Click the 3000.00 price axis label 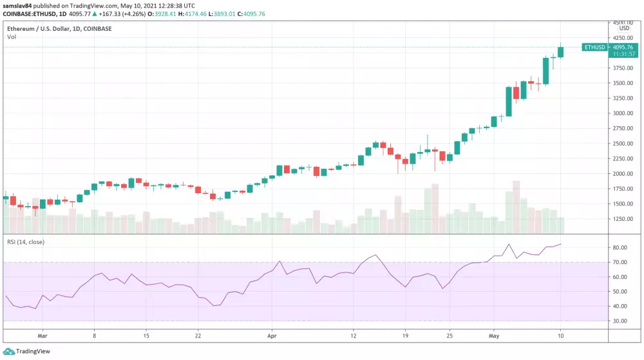click(623, 113)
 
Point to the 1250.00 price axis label click(623, 219)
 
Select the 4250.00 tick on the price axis click(623, 38)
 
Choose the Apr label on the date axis click(272, 336)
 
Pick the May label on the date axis click(494, 336)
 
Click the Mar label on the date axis click(43, 336)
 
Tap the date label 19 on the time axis click(404, 336)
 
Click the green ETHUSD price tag click(593, 47)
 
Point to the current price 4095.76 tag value click(624, 47)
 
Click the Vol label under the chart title click(12, 37)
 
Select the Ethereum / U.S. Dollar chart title click(52, 28)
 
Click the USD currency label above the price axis click(624, 28)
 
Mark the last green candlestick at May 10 click(560, 52)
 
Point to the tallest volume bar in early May click(516, 207)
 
